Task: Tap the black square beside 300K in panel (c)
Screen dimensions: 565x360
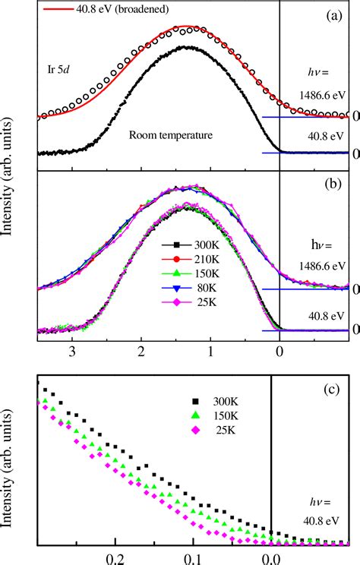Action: (196, 400)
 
